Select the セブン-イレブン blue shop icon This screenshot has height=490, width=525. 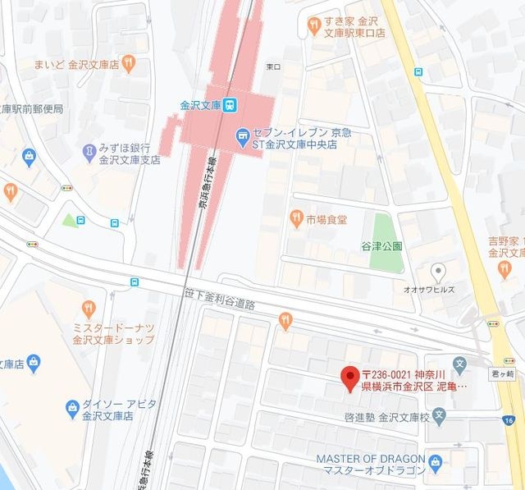[x=242, y=135]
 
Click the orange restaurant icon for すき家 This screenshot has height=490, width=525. [x=313, y=26]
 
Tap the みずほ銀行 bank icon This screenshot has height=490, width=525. [x=89, y=151]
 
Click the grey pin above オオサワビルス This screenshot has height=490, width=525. [x=440, y=271]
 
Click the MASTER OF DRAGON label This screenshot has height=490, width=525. [x=371, y=457]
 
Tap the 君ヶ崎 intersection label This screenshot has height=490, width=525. [x=501, y=370]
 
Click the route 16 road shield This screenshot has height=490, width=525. [x=509, y=420]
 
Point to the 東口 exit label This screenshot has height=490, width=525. [x=273, y=66]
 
